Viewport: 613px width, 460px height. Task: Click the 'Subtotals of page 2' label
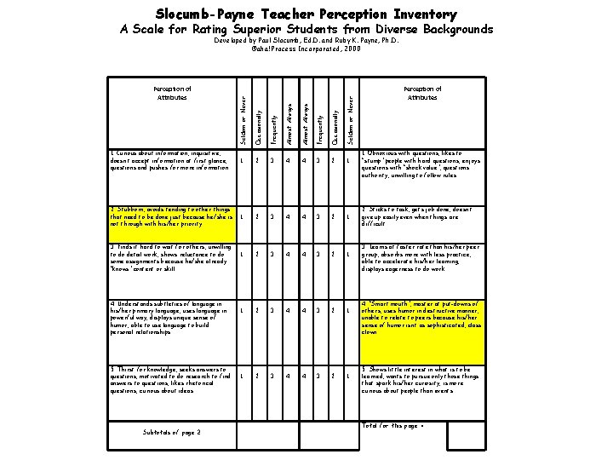coord(173,433)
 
